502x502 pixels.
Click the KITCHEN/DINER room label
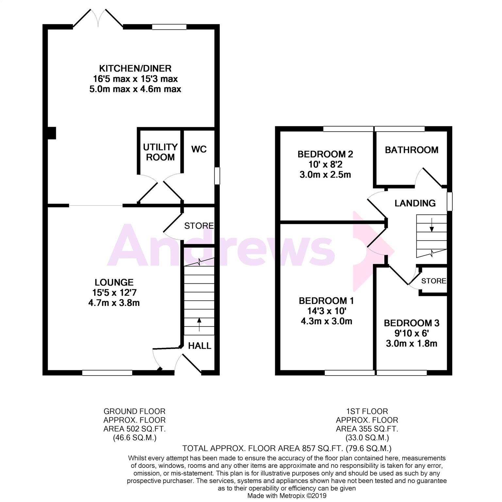click(135, 69)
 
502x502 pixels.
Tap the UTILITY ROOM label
click(160, 152)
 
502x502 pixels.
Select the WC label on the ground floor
click(199, 149)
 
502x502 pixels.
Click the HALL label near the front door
click(200, 346)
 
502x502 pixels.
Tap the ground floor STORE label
click(199, 226)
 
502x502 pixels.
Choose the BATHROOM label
click(411, 150)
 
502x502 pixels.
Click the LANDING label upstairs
click(415, 203)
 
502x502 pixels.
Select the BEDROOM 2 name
click(325, 154)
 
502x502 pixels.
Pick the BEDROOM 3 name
click(411, 323)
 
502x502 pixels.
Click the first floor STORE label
click(434, 281)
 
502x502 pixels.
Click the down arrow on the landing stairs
click(432, 225)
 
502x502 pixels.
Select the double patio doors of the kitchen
click(98, 18)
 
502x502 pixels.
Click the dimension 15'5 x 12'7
click(114, 293)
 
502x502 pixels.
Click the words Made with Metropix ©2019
click(287, 496)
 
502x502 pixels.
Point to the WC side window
click(217, 176)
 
